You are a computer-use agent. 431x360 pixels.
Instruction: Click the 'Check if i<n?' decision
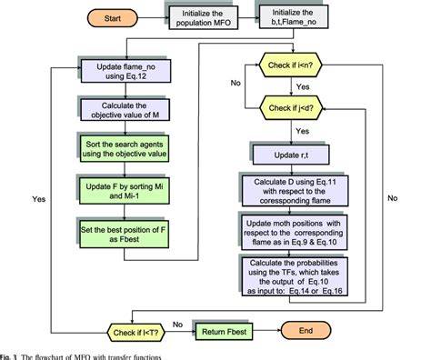pos(296,65)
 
